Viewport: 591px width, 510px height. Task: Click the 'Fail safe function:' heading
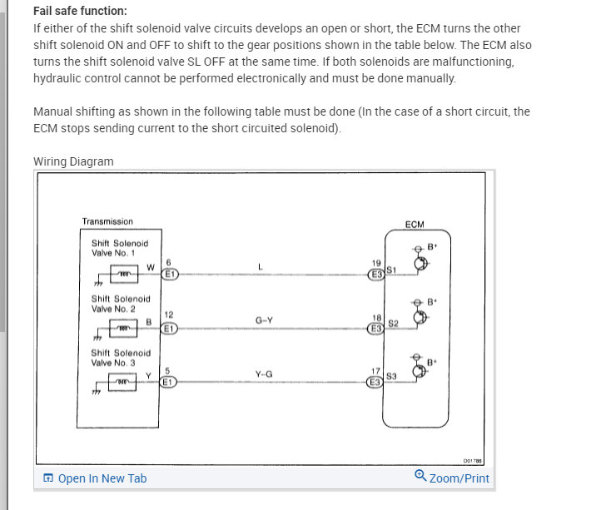[x=80, y=11]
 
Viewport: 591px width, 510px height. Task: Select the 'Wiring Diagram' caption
[x=73, y=161]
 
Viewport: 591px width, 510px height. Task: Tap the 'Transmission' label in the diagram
[x=107, y=221]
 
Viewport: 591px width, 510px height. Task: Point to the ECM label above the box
[x=414, y=225]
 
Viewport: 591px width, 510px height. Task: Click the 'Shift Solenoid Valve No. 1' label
[x=120, y=248]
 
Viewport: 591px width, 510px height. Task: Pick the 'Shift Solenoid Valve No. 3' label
[x=121, y=358]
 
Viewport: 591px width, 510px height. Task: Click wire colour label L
[x=261, y=266]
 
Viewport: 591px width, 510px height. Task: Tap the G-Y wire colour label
[x=265, y=320]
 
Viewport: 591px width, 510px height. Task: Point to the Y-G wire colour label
[x=264, y=374]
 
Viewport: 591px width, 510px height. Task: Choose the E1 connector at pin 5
[x=168, y=382]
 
